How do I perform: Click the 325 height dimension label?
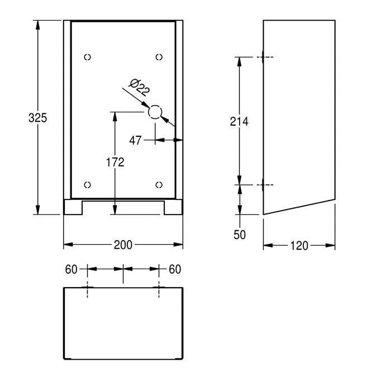(x=38, y=118)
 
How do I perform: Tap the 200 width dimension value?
(x=123, y=245)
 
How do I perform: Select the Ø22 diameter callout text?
(x=140, y=87)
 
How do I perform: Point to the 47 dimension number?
(x=135, y=140)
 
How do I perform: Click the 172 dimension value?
(x=115, y=163)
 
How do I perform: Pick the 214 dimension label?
(x=239, y=121)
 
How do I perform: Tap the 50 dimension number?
(x=240, y=235)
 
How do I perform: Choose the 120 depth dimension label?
(x=299, y=246)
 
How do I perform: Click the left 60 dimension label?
(x=71, y=269)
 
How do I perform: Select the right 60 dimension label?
(x=175, y=269)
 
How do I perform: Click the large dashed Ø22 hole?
(x=155, y=112)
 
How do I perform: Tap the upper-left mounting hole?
(x=87, y=57)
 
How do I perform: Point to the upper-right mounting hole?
(x=159, y=57)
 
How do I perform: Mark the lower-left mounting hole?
(x=87, y=185)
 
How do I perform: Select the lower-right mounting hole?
(x=159, y=185)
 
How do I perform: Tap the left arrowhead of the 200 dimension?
(x=68, y=245)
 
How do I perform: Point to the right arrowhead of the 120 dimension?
(x=330, y=246)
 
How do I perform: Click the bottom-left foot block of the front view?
(x=73, y=207)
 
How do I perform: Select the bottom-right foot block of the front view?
(x=173, y=207)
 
